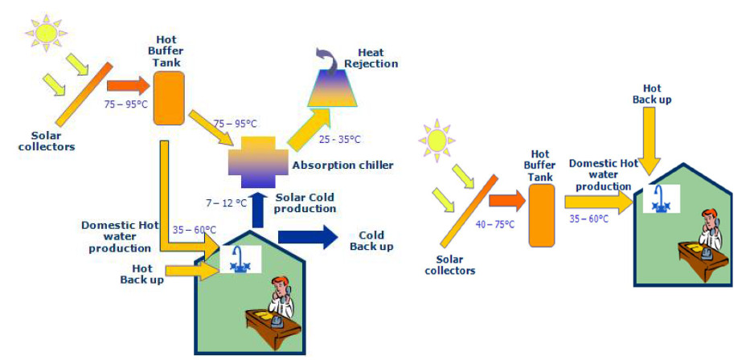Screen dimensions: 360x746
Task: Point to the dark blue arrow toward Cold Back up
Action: point(309,238)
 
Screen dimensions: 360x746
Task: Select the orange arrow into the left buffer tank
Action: point(129,84)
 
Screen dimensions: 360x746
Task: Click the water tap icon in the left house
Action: point(239,260)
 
